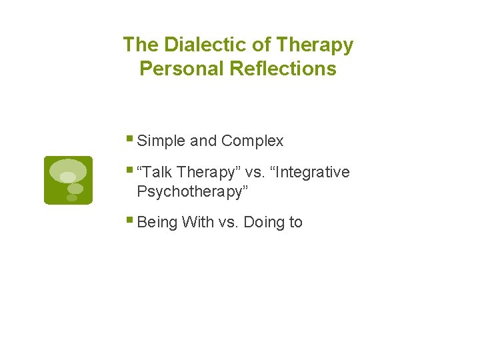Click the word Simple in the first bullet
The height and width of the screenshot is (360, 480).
tap(161, 141)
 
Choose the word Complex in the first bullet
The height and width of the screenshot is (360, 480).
tap(253, 141)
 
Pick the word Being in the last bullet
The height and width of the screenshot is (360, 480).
tap(157, 223)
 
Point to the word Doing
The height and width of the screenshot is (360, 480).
tap(264, 223)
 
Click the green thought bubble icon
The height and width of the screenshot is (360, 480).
tap(68, 180)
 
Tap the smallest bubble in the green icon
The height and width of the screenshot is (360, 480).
tap(71, 198)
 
